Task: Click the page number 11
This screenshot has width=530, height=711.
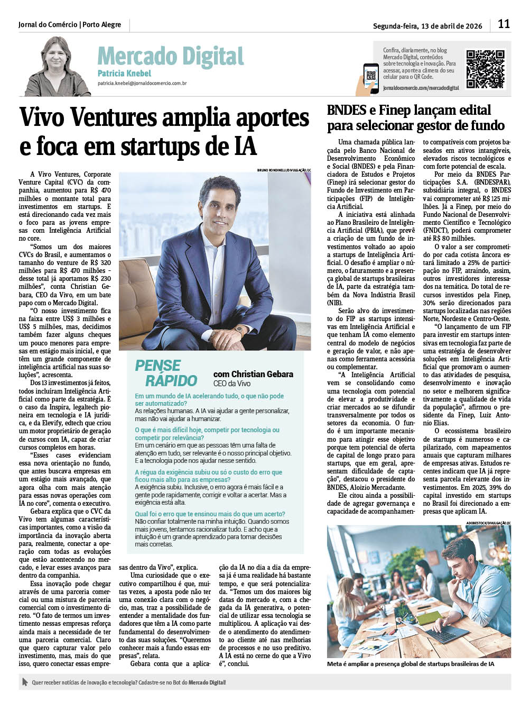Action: [x=504, y=24]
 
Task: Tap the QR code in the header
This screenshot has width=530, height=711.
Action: [x=485, y=69]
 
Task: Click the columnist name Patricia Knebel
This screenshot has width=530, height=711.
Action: [x=124, y=74]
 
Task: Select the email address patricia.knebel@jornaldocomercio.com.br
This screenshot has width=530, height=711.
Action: [x=142, y=84]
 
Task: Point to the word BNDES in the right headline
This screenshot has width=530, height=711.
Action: [x=347, y=110]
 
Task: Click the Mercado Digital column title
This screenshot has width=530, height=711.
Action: [x=170, y=56]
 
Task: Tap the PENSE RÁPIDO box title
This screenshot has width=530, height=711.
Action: [x=166, y=373]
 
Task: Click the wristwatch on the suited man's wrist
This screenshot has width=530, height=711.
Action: [x=239, y=330]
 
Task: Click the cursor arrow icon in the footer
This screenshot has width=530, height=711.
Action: [x=24, y=682]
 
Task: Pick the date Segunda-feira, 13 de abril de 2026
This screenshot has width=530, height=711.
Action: [x=427, y=26]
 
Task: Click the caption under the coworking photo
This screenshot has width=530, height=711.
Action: [x=411, y=664]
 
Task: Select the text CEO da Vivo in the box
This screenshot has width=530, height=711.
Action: [x=232, y=384]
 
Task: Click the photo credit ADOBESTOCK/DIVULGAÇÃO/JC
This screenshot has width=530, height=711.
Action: [x=488, y=523]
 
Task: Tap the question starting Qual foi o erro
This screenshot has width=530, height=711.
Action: [x=210, y=514]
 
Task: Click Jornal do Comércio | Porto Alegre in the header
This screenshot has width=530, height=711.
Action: [x=70, y=25]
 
